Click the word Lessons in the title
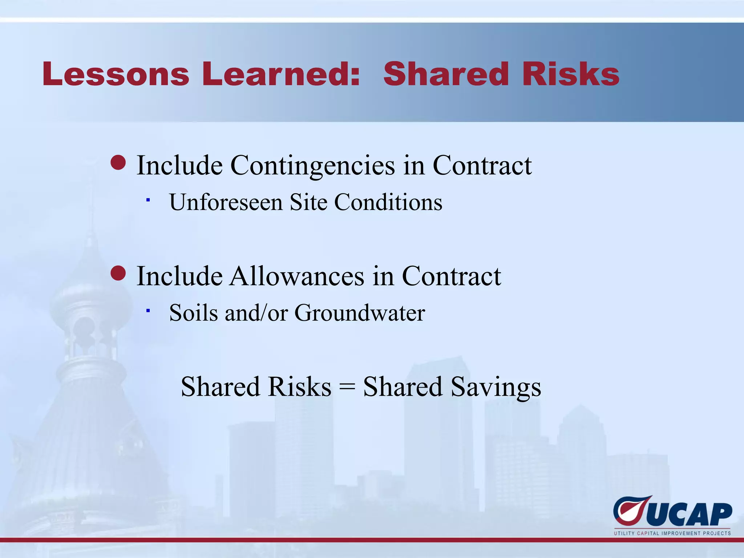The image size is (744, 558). click(x=116, y=74)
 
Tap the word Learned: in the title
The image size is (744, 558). click(x=281, y=74)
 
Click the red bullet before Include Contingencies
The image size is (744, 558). click(x=118, y=163)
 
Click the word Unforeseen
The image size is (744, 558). click(x=226, y=202)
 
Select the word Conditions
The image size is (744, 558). click(x=388, y=202)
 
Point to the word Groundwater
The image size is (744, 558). click(x=360, y=313)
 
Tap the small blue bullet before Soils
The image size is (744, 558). click(x=148, y=310)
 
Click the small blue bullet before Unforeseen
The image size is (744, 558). click(x=148, y=199)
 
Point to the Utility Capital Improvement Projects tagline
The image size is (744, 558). click(x=672, y=533)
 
